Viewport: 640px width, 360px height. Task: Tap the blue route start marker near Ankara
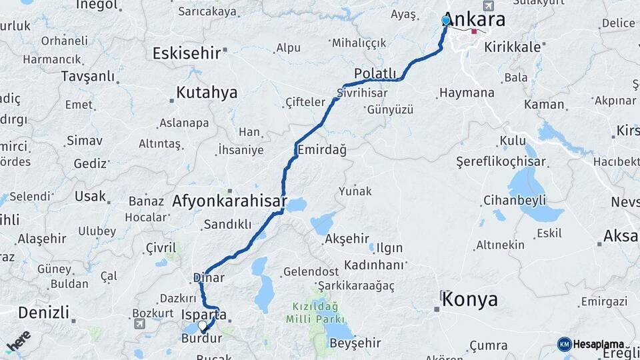(446, 21)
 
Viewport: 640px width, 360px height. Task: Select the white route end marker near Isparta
(203, 325)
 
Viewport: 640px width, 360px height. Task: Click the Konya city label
(470, 299)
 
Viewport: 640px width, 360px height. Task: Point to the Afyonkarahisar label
(229, 201)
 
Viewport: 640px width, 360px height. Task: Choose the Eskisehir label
(187, 53)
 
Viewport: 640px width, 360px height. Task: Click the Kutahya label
(207, 93)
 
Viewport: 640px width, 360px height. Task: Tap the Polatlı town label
(375, 73)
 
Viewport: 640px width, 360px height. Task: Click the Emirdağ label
(323, 150)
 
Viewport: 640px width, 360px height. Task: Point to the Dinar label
(208, 277)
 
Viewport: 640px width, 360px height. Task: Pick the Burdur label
(201, 339)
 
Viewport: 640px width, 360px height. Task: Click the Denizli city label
(43, 312)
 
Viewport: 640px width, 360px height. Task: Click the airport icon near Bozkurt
(139, 324)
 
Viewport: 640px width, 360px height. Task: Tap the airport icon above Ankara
(489, 6)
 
